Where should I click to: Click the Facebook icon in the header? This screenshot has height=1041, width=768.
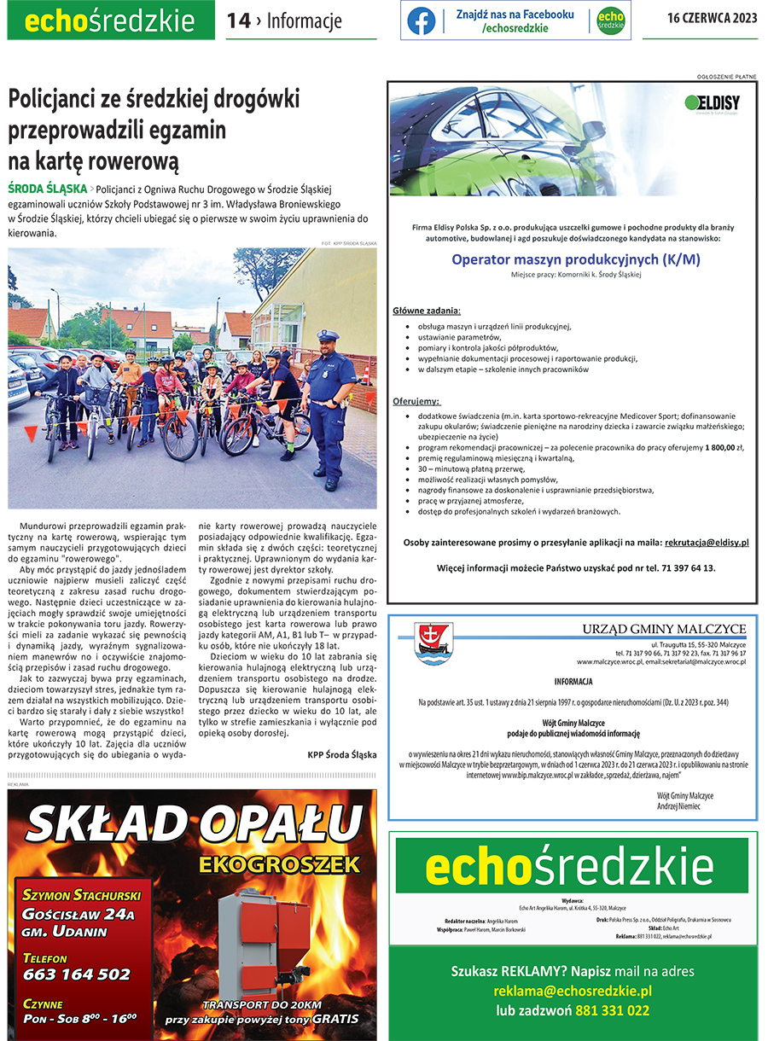tap(421, 21)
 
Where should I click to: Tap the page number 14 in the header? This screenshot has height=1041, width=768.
tap(238, 21)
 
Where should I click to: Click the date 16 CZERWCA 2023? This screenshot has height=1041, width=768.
tap(712, 20)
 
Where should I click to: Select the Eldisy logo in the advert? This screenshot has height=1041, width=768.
tap(712, 104)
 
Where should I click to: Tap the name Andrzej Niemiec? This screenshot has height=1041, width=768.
tap(679, 806)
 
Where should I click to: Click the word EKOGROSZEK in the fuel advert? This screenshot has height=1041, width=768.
tap(279, 864)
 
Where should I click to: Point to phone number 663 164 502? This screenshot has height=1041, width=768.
tap(77, 974)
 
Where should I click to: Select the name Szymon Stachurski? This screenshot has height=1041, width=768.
tap(82, 895)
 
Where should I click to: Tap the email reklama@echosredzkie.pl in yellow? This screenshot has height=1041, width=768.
tap(573, 991)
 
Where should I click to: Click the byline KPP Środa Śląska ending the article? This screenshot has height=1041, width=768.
tap(341, 755)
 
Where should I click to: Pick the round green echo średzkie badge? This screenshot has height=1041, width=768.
tap(611, 21)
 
